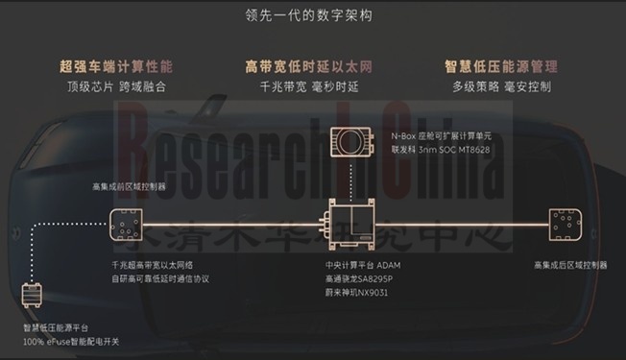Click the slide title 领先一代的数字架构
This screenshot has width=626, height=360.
(312, 16)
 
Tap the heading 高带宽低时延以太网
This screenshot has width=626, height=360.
(312, 67)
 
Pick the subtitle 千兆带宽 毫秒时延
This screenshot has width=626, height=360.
(312, 86)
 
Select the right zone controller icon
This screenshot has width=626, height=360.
(562, 227)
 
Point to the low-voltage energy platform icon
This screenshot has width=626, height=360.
(34, 297)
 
